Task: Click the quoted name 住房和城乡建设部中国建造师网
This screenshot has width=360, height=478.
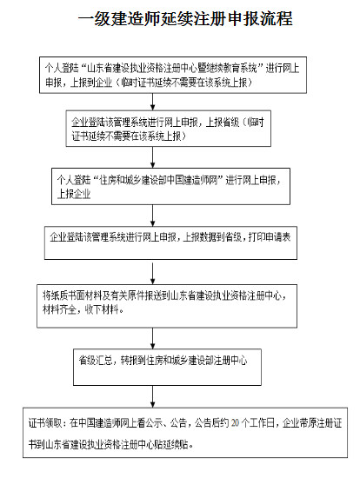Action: coord(157,180)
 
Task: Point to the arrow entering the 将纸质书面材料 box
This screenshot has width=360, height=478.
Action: coord(181,269)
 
